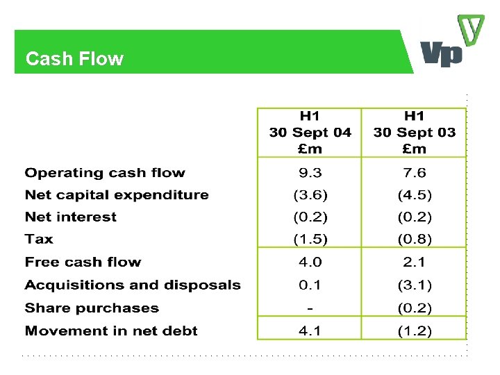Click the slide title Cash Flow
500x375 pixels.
tap(74, 58)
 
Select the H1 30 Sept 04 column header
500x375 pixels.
tap(310, 132)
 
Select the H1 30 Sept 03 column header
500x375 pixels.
tap(414, 132)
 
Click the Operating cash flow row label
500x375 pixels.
tap(105, 173)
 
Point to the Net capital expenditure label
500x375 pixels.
tap(117, 195)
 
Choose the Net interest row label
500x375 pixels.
tap(71, 217)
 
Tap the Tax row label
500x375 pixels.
tap(39, 239)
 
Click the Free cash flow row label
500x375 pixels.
tap(83, 262)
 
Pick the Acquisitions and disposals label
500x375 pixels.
tap(133, 285)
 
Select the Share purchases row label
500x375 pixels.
tap(92, 308)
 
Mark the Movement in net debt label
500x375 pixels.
tap(111, 331)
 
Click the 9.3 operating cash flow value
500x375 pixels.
tap(310, 173)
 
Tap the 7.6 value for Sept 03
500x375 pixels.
tap(414, 173)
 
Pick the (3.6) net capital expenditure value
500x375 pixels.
tap(310, 195)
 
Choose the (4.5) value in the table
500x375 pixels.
tap(415, 195)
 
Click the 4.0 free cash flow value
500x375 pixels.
tap(310, 262)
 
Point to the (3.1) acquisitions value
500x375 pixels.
tap(415, 285)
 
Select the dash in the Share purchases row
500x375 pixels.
tap(310, 308)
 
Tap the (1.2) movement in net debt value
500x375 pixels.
tap(415, 331)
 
